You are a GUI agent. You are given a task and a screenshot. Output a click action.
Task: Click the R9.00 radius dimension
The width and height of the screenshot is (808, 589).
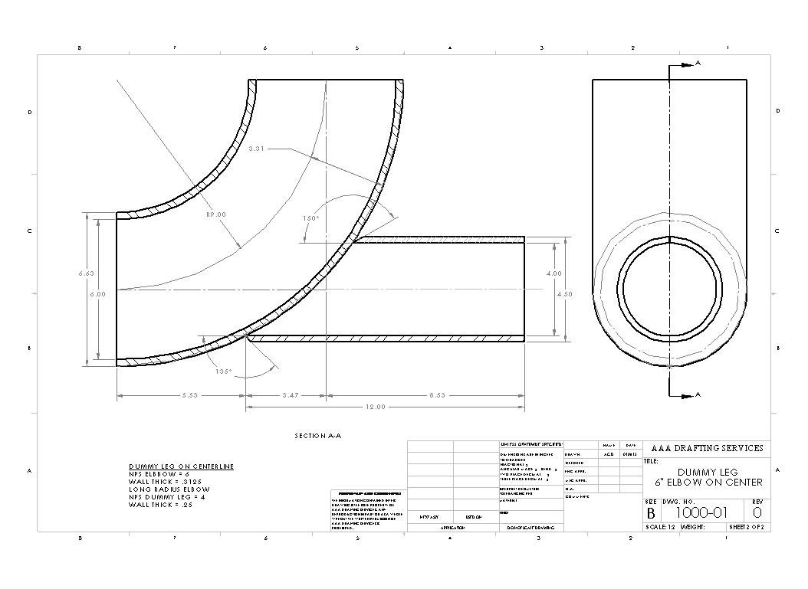tap(216, 214)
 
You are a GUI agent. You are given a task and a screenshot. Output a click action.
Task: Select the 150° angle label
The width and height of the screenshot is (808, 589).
tap(310, 218)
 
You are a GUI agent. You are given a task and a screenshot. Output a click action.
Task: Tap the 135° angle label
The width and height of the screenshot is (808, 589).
tap(223, 371)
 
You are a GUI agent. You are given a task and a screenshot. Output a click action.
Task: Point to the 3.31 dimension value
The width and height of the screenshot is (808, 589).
tap(256, 149)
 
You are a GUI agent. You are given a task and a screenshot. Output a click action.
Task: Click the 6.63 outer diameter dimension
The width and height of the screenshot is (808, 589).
tap(87, 273)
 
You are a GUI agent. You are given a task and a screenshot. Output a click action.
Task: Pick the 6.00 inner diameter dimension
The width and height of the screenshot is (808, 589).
tap(97, 294)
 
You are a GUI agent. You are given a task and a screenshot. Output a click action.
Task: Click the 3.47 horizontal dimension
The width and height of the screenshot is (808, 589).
tap(290, 395)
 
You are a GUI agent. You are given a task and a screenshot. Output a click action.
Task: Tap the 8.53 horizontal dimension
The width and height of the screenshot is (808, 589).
tap(436, 395)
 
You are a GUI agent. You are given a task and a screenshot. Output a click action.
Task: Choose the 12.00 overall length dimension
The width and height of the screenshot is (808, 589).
tap(375, 407)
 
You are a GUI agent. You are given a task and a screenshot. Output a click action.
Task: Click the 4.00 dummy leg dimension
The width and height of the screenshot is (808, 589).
tap(553, 273)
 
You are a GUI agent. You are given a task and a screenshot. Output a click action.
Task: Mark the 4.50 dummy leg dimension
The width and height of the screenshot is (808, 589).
tap(564, 294)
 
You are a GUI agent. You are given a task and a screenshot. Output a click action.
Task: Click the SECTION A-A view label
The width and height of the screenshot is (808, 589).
tap(317, 436)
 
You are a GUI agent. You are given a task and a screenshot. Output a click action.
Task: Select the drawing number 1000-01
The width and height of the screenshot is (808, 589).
tap(701, 512)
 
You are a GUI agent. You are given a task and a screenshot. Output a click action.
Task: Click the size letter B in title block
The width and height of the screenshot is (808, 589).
tap(651, 513)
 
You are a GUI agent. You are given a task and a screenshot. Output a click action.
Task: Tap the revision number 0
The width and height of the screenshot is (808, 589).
tap(757, 512)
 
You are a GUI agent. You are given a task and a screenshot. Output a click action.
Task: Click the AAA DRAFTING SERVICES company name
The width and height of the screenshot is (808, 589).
tap(707, 448)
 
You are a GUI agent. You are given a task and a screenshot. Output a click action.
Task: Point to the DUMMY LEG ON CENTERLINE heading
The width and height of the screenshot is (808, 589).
tap(181, 466)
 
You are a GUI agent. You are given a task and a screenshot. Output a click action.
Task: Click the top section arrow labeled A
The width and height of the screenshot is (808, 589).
tap(697, 64)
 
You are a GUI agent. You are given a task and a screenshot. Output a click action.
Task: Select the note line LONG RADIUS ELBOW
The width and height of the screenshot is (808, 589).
tap(169, 489)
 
